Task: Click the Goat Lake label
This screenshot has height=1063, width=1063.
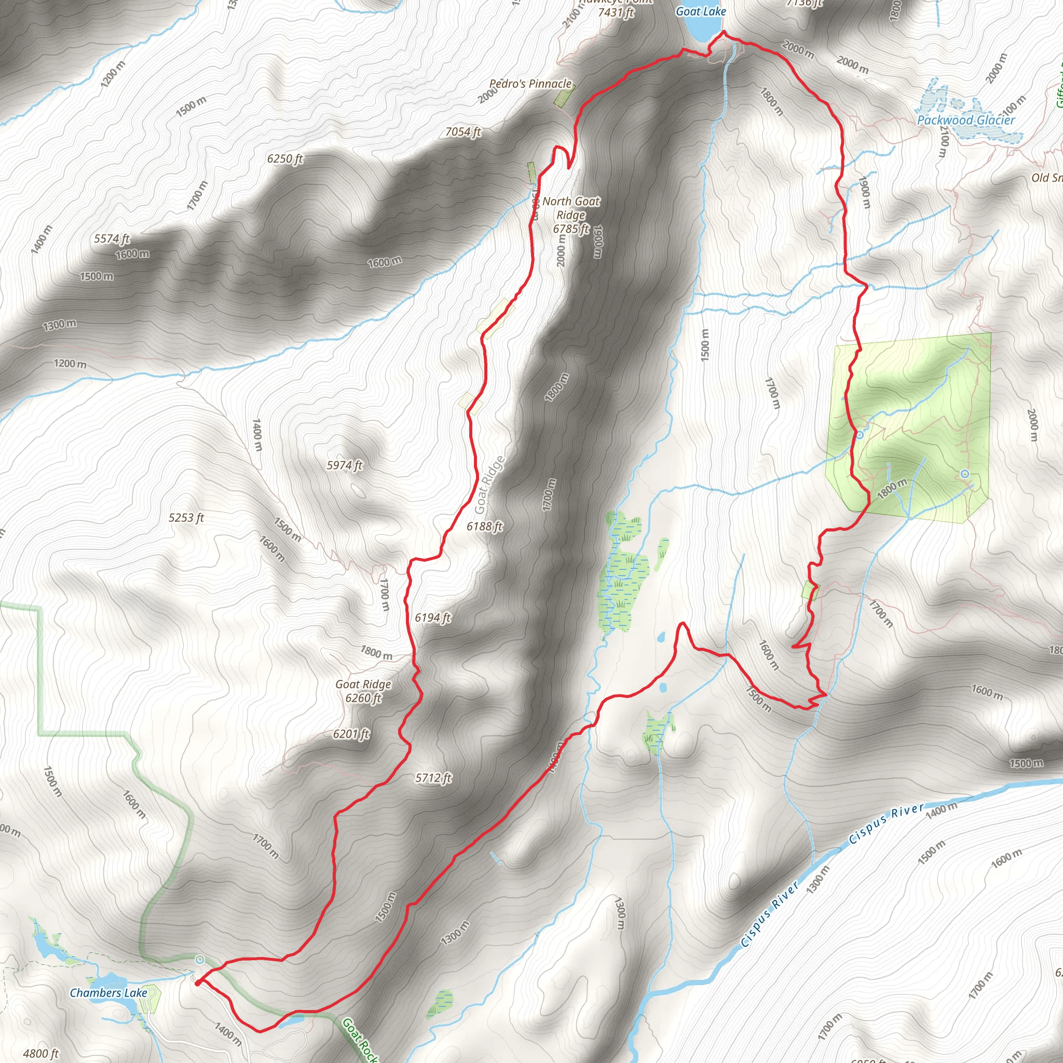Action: [700, 11]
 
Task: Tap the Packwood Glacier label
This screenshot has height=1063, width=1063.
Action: [965, 120]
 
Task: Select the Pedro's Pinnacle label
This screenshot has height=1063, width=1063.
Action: [530, 84]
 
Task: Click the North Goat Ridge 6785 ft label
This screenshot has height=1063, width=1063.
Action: [571, 215]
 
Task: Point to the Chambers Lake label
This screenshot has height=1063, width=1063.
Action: [108, 992]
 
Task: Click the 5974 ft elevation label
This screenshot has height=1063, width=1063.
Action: [345, 466]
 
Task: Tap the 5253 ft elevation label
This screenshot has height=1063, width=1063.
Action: [186, 517]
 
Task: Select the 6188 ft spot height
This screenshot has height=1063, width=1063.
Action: [484, 526]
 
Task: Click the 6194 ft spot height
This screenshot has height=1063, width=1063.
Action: [432, 618]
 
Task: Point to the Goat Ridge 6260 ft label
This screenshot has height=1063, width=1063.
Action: [363, 691]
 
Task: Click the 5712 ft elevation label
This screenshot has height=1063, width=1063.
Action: [433, 778]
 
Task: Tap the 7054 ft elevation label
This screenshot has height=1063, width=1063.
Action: [462, 131]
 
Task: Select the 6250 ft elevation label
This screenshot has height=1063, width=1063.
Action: [284, 158]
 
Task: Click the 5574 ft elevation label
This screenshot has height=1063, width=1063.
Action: [112, 239]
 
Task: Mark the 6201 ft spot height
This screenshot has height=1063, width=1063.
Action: [351, 734]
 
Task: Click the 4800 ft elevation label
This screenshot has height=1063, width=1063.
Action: [40, 1053]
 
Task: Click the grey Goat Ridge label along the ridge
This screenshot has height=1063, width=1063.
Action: [489, 484]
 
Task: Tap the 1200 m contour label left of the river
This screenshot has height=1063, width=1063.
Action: [70, 364]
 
